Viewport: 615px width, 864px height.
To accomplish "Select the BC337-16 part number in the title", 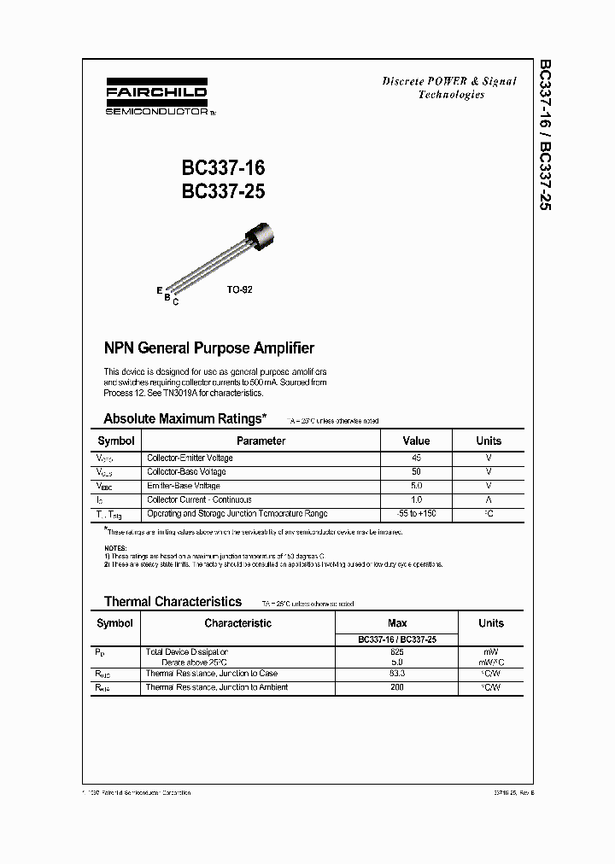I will pyautogui.click(x=223, y=168).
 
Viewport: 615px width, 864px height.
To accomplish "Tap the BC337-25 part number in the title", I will pyautogui.click(x=223, y=192).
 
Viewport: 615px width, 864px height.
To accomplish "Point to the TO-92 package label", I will pyautogui.click(x=239, y=290).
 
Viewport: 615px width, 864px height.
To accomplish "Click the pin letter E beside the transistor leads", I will pyautogui.click(x=159, y=290).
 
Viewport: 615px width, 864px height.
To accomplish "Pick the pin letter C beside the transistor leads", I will pyautogui.click(x=175, y=302).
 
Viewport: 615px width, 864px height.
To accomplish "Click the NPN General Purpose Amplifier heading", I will pyautogui.click(x=208, y=348).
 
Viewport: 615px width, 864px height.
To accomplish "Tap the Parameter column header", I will pyautogui.click(x=261, y=441).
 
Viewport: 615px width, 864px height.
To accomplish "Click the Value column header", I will pyautogui.click(x=416, y=441).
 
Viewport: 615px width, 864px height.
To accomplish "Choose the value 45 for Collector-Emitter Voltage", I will pyautogui.click(x=416, y=458).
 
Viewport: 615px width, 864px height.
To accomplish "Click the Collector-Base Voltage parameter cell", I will pyautogui.click(x=186, y=472).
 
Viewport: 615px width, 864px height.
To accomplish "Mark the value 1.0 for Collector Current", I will pyautogui.click(x=416, y=500).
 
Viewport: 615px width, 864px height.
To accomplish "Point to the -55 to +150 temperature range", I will pyautogui.click(x=416, y=514).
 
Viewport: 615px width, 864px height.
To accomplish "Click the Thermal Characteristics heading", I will pyautogui.click(x=173, y=602).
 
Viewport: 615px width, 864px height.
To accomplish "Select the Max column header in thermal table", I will pyautogui.click(x=397, y=623).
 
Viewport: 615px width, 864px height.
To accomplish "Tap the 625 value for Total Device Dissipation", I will pyautogui.click(x=397, y=651).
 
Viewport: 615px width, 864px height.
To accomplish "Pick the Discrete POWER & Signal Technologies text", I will pyautogui.click(x=450, y=88).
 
